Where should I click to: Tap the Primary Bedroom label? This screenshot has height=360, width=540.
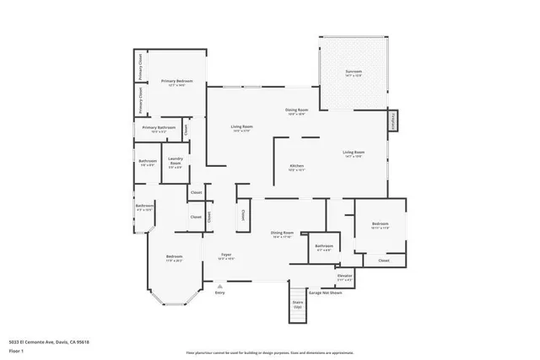(177, 82)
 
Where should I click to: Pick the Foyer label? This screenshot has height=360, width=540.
(226, 255)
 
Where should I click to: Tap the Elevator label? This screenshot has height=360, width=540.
(344, 276)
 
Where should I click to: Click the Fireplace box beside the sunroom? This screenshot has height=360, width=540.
(392, 121)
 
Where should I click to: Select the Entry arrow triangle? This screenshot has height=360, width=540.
(219, 285)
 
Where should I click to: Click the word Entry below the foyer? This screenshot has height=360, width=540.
(219, 293)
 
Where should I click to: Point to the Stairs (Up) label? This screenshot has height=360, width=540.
(298, 304)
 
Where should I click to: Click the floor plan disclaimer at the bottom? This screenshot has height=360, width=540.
(269, 352)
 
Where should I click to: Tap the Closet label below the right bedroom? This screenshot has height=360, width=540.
(384, 261)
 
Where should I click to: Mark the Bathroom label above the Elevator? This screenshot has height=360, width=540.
(324, 246)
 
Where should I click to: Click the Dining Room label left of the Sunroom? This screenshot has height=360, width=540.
(296, 110)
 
